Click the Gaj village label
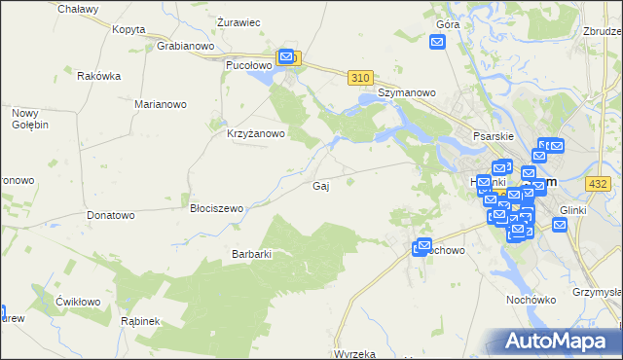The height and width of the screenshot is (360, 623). pos(319,186)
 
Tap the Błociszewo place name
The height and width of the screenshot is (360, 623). pos(216,208)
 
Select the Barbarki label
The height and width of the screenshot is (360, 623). pos(251,254)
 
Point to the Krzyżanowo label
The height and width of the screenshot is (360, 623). pos(255,134)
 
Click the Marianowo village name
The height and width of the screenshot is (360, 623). pos(162,103)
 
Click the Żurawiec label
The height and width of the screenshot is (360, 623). pos(238,21)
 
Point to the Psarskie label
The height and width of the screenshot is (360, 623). pos(493,137)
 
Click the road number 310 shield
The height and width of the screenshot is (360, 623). pos(361,78)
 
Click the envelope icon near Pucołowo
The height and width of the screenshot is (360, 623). pos(286,57)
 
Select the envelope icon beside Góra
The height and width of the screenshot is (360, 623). pos(437,42)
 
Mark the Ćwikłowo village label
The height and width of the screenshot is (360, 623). pos(79,301)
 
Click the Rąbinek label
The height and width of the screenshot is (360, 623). pos(140,320)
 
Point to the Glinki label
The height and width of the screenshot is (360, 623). pos(570,209)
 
